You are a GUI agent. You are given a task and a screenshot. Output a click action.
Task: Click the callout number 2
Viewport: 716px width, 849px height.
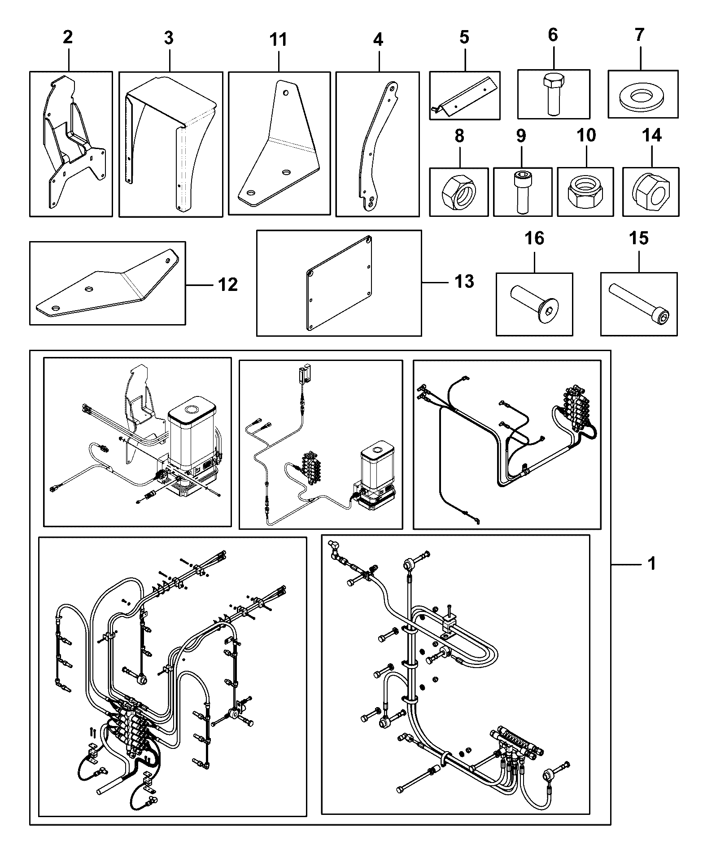(67, 37)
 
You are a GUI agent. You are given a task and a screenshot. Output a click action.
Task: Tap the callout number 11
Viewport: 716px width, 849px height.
(278, 39)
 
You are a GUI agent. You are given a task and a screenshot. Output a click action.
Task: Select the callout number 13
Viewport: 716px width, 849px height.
(464, 282)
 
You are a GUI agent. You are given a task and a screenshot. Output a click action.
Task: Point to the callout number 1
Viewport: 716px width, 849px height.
(652, 563)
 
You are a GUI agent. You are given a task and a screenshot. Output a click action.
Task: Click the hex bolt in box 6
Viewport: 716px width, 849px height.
(552, 93)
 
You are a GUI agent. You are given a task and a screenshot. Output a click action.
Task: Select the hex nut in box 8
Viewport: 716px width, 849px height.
(458, 192)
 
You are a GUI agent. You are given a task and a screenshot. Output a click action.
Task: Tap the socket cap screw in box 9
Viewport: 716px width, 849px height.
(522, 192)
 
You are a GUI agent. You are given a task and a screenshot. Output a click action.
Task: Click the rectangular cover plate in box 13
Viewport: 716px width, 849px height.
(340, 283)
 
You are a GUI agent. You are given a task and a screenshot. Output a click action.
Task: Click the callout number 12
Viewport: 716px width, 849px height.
(228, 284)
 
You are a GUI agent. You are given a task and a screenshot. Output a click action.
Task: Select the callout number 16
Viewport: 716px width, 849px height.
(534, 238)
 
